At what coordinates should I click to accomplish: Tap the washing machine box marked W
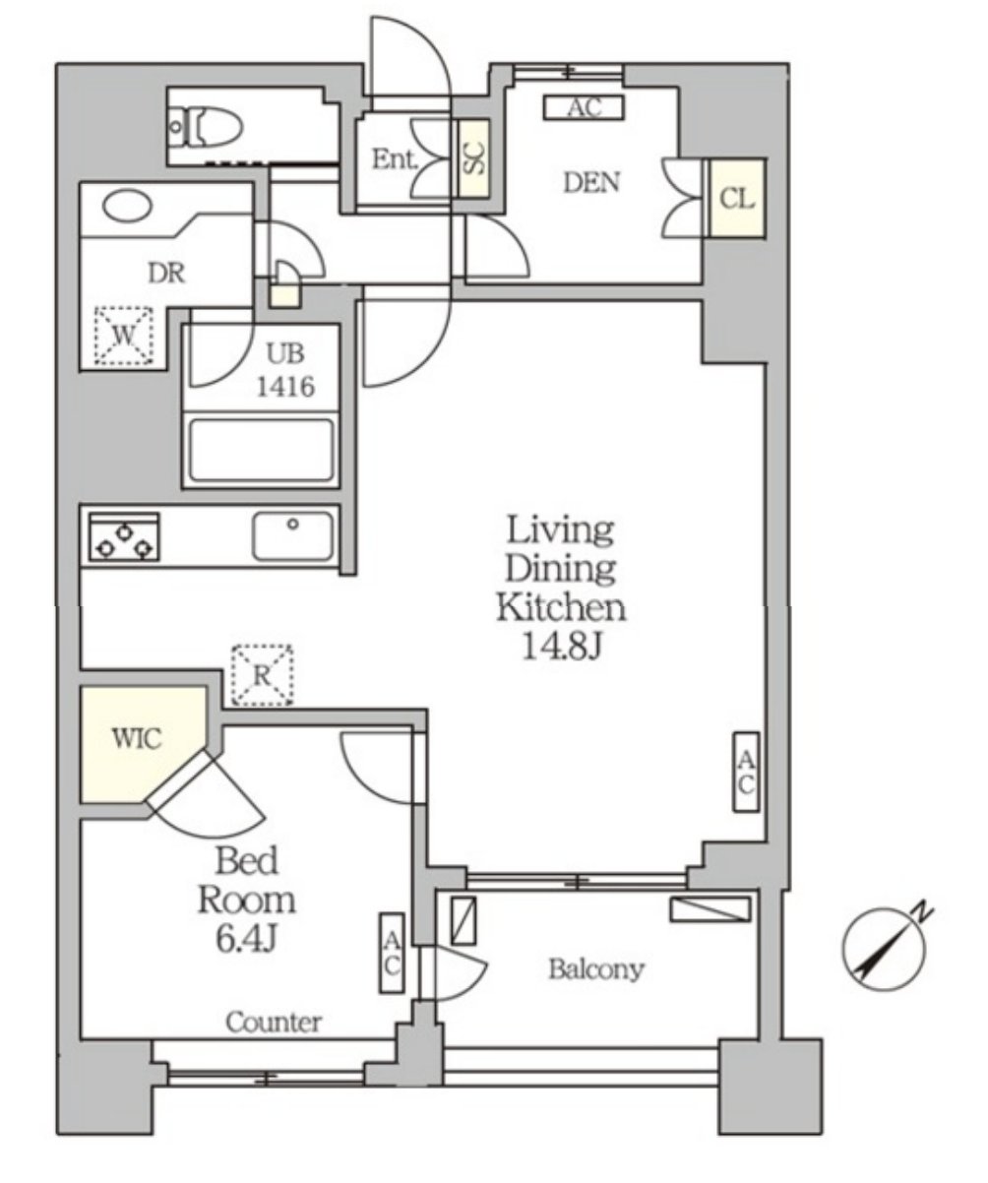124,337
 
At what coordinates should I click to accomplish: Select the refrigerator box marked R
263,675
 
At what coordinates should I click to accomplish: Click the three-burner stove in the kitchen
124,536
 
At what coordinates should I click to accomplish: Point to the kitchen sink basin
292,536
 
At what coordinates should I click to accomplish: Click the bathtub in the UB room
261,451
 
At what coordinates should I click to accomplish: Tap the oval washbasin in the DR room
128,205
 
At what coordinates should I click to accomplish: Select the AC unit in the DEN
584,107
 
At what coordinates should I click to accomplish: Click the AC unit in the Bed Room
392,953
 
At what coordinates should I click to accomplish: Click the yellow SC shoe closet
473,158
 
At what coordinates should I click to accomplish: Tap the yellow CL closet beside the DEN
736,198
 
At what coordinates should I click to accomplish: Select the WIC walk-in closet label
137,738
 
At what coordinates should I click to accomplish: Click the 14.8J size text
560,646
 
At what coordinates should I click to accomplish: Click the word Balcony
596,969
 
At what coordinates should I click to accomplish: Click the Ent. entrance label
395,159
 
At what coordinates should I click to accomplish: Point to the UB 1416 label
285,370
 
